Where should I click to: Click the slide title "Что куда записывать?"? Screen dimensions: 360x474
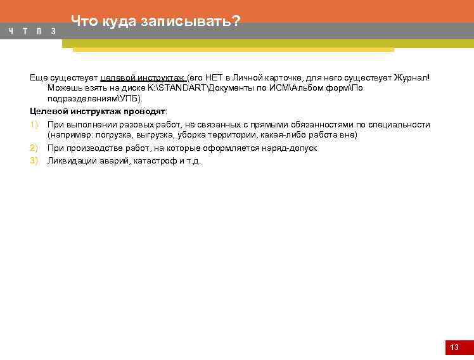click(155, 22)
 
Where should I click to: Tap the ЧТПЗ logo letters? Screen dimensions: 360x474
click(32, 31)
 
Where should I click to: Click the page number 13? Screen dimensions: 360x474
click(454, 347)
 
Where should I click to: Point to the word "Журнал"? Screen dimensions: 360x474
click(410, 77)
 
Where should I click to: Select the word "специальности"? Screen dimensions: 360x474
click(403, 125)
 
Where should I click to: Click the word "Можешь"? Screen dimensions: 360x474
click(63, 88)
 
